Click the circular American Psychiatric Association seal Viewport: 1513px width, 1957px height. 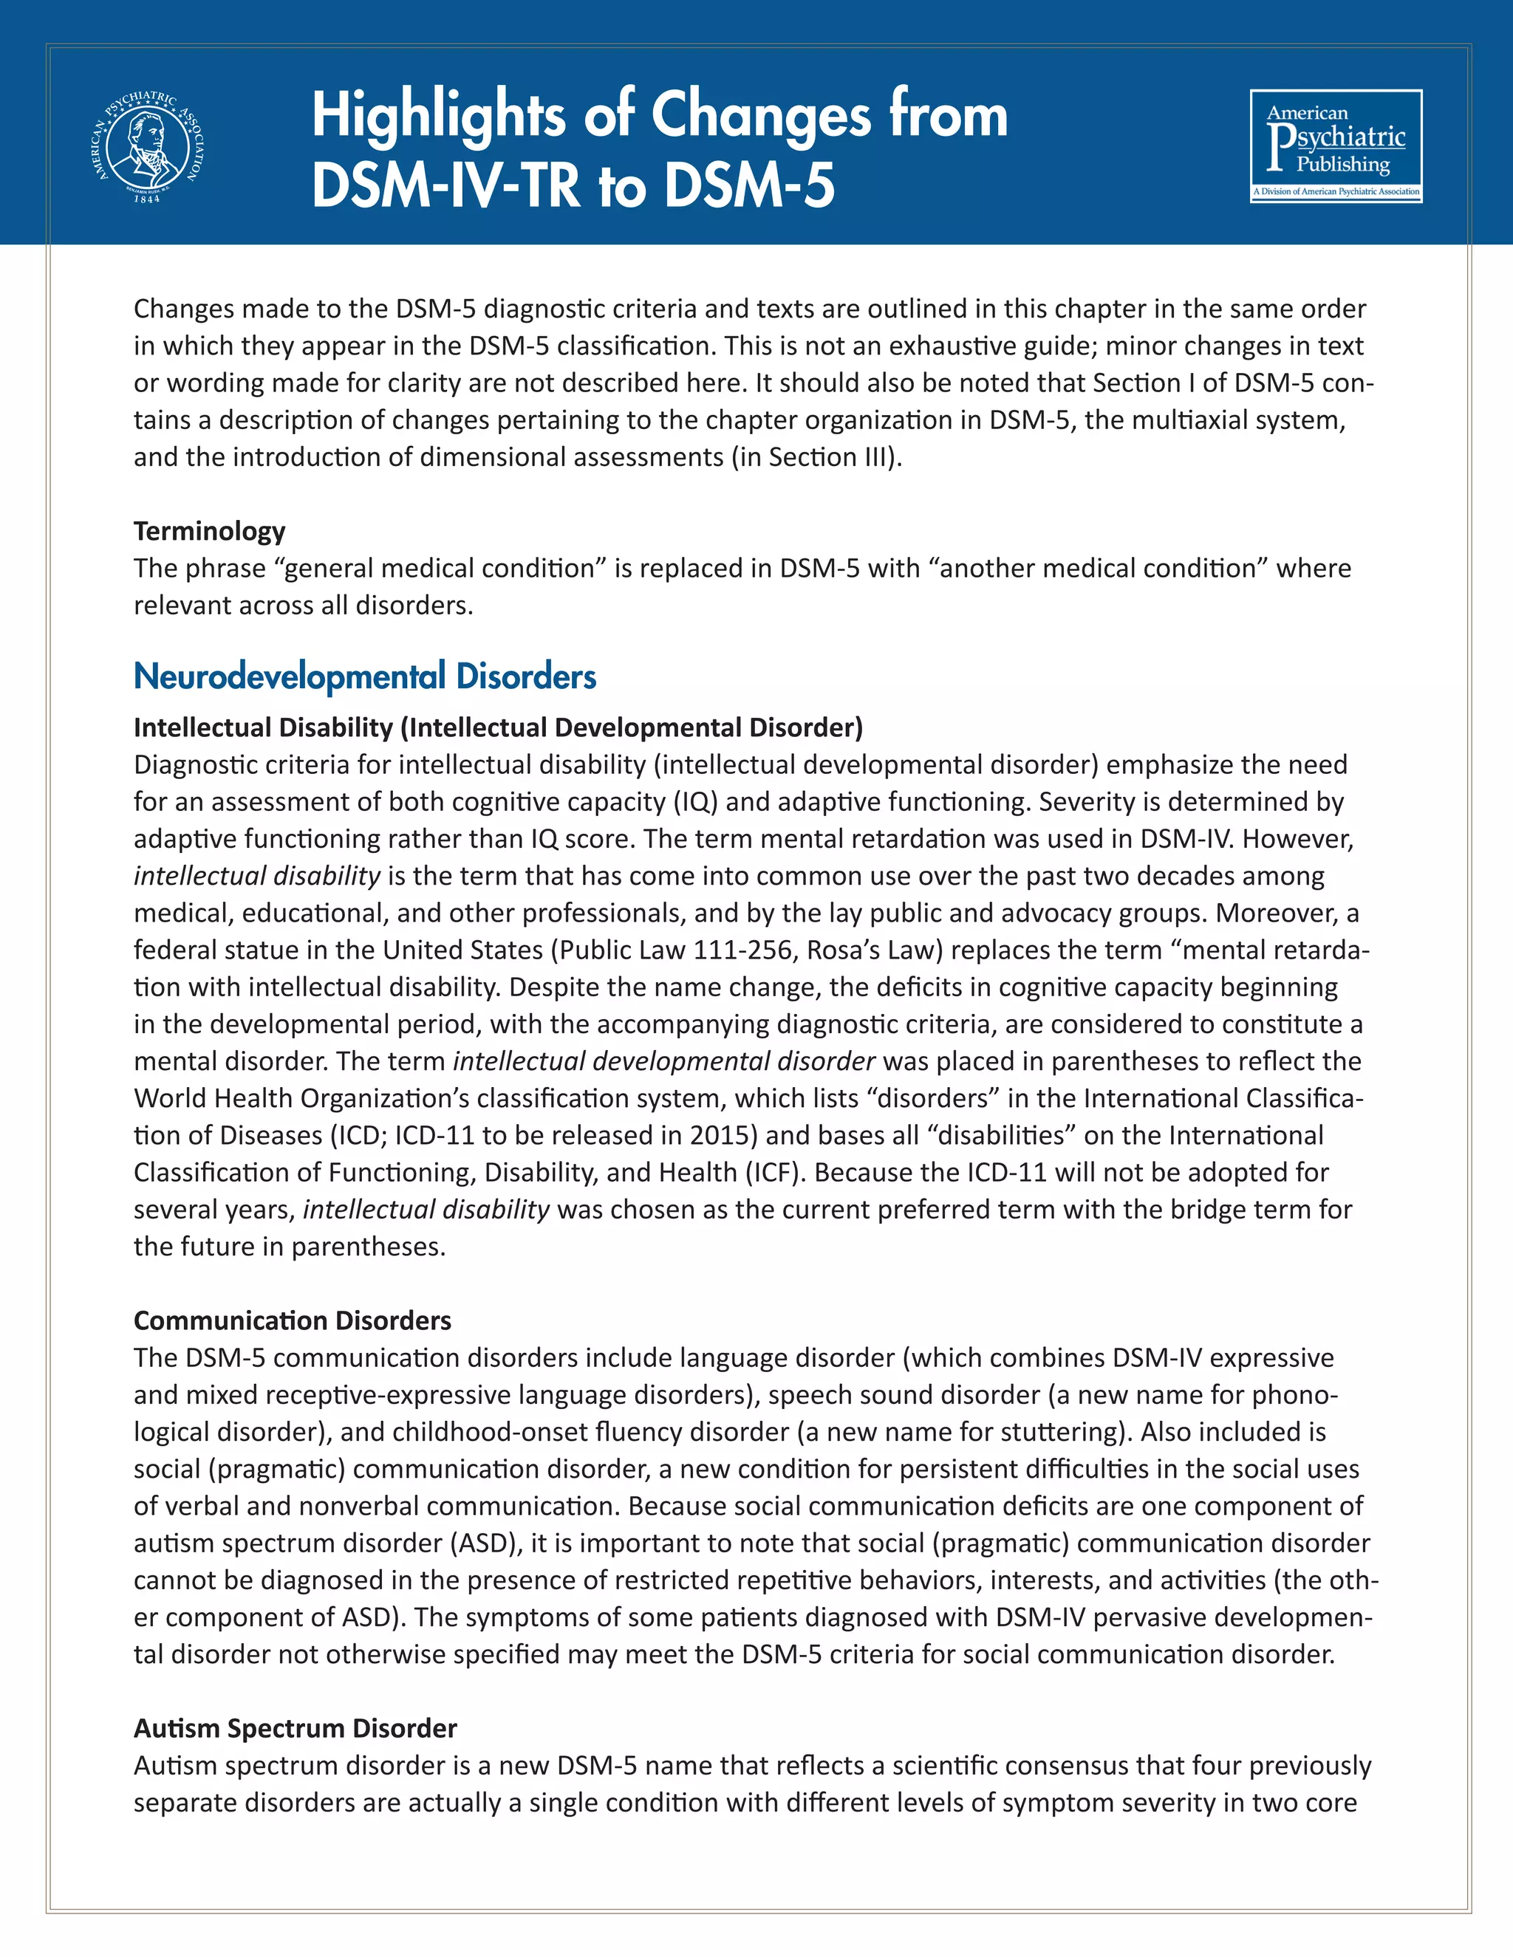[x=148, y=146]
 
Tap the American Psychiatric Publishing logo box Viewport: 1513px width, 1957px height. [x=1336, y=146]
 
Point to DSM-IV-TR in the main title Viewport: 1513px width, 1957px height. [x=448, y=185]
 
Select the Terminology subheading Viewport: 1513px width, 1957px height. [x=209, y=532]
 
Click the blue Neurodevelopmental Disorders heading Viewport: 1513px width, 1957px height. [x=365, y=676]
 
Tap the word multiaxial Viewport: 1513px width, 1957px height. [x=1189, y=420]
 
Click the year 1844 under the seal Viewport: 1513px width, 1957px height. [x=147, y=199]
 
